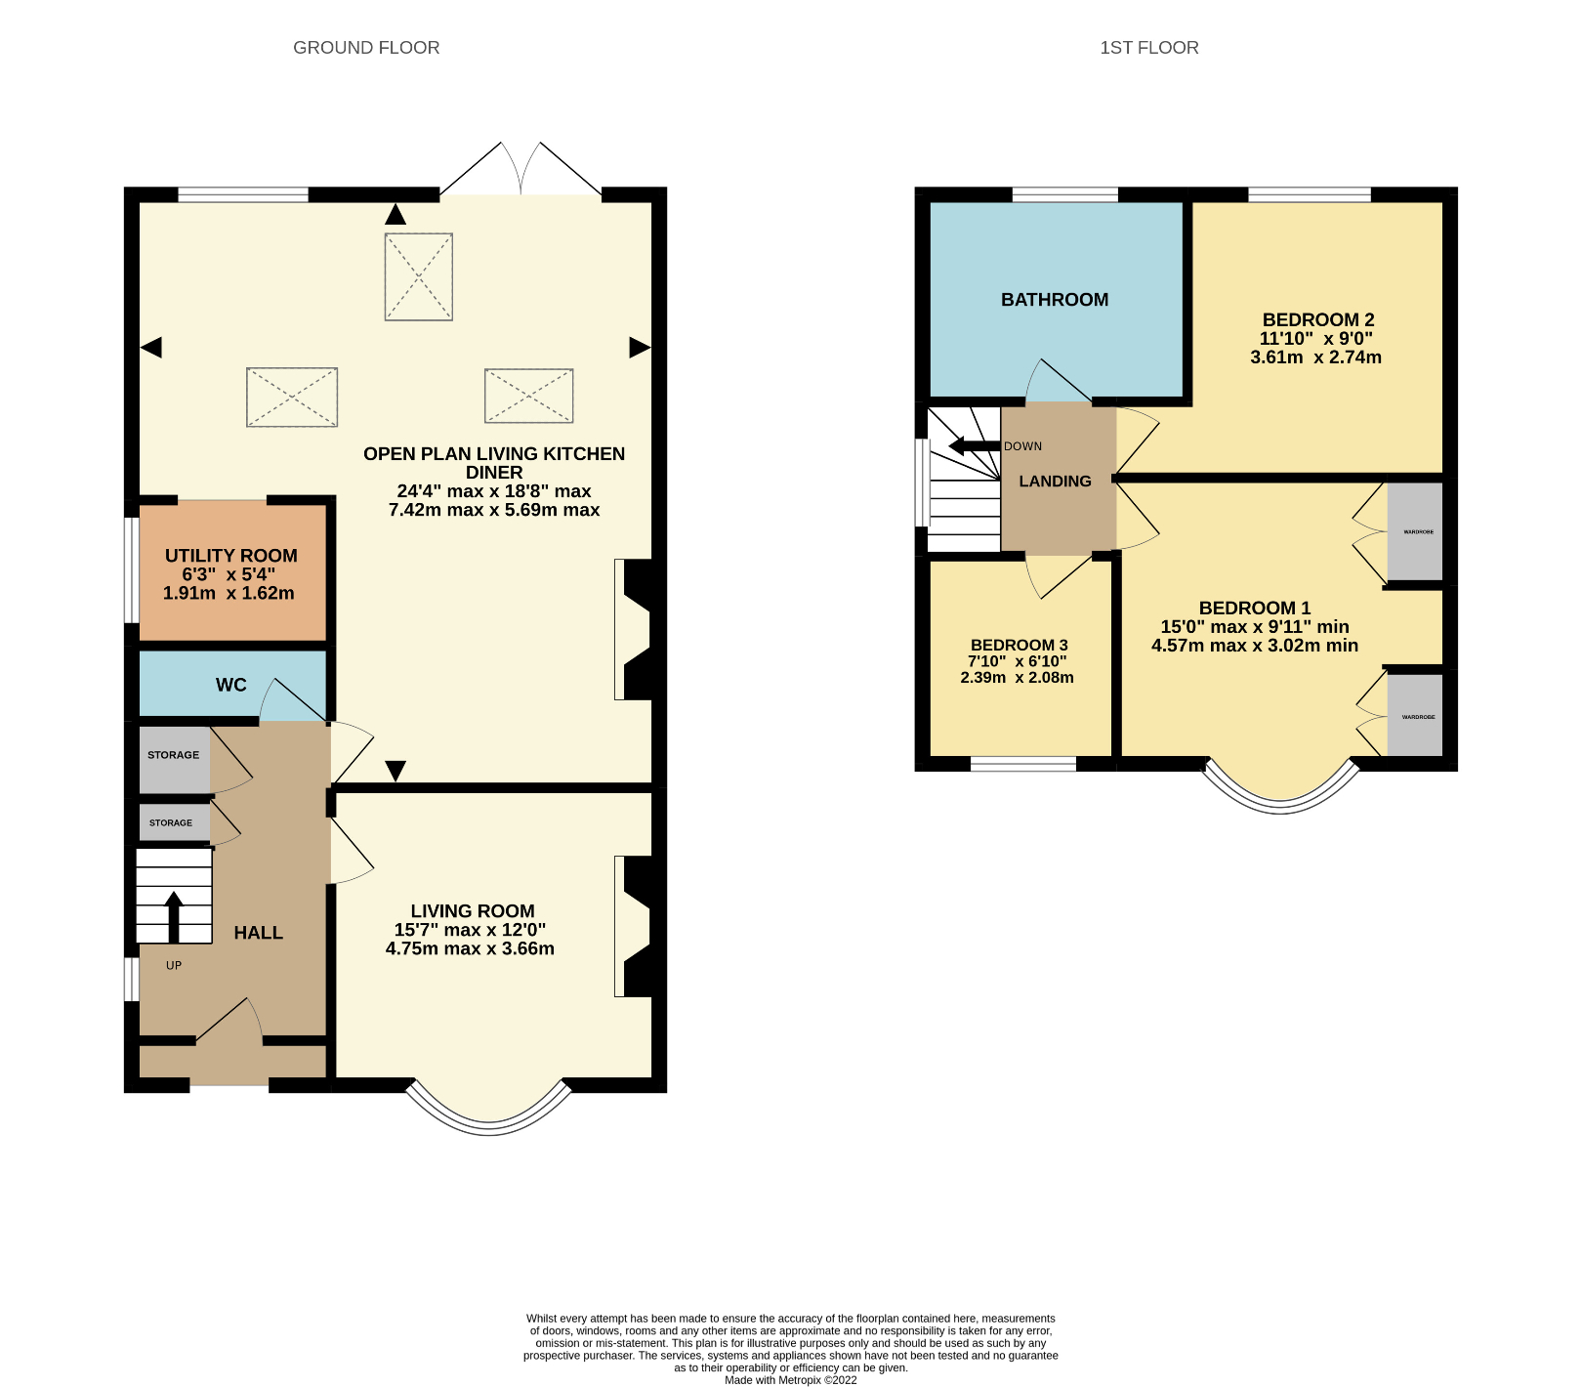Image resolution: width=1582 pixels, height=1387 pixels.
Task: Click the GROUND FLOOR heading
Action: [366, 48]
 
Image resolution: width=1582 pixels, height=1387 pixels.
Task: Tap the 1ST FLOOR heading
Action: [1148, 48]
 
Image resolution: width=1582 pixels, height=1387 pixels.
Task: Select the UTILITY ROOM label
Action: [230, 556]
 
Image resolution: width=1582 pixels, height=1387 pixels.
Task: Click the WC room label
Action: [231, 685]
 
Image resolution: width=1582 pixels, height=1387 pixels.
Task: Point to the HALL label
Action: [258, 933]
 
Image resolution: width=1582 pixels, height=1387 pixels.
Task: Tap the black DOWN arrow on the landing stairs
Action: [973, 446]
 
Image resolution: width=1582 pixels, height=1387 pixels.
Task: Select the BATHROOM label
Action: [1055, 300]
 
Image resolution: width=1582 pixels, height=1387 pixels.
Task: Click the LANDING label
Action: [1055, 482]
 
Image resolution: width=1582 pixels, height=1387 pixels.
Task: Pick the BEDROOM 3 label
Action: [1019, 645]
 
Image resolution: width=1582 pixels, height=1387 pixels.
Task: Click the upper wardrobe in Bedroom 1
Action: [1414, 532]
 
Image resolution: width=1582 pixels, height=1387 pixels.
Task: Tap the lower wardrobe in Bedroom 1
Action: [1414, 716]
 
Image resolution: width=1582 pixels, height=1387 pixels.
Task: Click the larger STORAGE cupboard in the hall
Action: [174, 758]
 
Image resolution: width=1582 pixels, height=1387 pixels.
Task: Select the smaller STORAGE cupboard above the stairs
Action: [173, 822]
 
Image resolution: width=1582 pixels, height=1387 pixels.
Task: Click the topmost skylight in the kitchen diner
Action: [418, 276]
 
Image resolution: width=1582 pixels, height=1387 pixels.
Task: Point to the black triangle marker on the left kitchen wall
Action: [151, 347]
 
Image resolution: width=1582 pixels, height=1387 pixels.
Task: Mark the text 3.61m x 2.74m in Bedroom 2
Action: [1315, 357]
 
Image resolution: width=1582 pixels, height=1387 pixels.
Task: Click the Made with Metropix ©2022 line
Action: [790, 1380]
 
